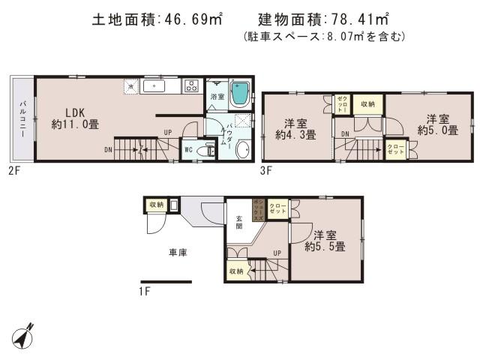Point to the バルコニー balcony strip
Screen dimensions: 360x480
(22, 118)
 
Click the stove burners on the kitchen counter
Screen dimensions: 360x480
(190, 86)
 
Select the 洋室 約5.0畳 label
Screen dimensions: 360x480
(433, 124)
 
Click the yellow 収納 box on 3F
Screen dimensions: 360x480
(367, 104)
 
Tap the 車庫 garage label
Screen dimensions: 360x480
(177, 253)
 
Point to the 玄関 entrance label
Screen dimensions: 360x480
(239, 223)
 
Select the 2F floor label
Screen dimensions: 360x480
(13, 171)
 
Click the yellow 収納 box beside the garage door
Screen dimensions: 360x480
(156, 204)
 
